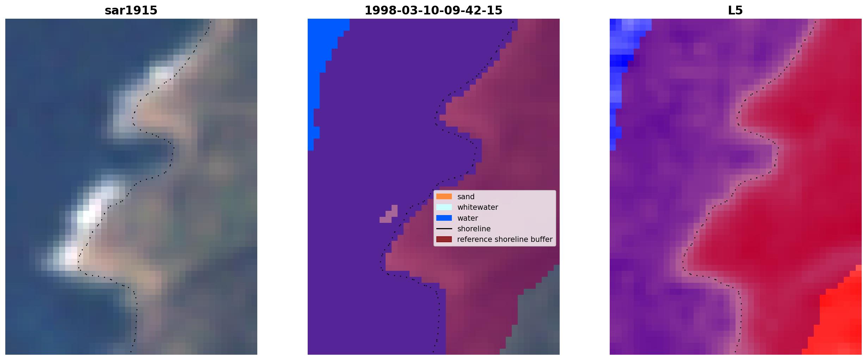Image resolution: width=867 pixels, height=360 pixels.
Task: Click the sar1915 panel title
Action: [131, 11]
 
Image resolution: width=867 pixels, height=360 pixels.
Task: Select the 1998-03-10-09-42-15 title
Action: [433, 11]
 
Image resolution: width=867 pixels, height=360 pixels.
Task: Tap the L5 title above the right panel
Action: [735, 11]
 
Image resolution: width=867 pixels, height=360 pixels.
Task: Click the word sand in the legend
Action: [466, 197]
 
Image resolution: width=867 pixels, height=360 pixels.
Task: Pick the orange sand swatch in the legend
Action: [444, 196]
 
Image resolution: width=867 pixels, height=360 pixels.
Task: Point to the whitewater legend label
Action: [478, 207]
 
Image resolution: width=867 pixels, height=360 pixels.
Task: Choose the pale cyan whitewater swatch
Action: [444, 207]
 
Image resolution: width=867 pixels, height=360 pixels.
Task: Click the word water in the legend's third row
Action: [467, 218]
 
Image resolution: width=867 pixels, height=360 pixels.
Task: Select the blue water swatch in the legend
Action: [444, 218]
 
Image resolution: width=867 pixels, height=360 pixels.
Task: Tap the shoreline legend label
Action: [474, 228]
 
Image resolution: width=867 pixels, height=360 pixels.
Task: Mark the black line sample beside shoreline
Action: [444, 228]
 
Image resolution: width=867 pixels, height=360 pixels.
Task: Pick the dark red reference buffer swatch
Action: [444, 239]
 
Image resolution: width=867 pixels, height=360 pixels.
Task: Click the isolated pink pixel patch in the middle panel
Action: [389, 214]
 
